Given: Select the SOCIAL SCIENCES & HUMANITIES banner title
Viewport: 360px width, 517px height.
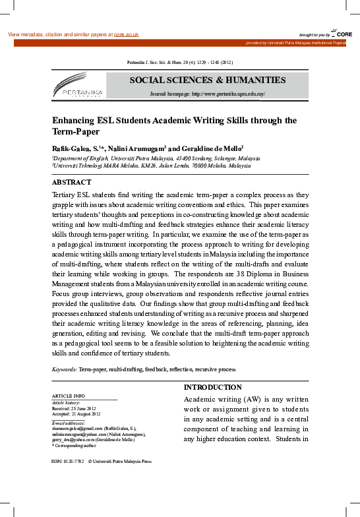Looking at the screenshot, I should click(x=208, y=80).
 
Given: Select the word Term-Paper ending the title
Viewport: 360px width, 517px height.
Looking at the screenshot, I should click(x=76, y=132).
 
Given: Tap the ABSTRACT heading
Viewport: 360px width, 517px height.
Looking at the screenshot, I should click(x=71, y=182).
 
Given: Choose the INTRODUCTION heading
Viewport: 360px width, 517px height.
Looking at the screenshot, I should click(x=212, y=387).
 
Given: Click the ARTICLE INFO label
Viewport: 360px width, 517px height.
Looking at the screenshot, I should click(x=68, y=396).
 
